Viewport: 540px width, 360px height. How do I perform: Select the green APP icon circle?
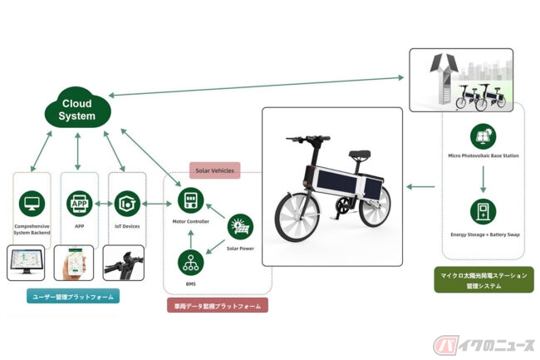tap(79, 204)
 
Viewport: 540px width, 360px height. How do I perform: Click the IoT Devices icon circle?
tap(126, 204)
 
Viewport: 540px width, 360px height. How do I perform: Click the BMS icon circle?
tap(189, 263)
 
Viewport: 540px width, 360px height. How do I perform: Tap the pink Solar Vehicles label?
tap(214, 170)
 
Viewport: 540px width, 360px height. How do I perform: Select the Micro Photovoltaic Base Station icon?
tap(483, 136)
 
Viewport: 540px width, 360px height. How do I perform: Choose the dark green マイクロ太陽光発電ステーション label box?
tap(484, 279)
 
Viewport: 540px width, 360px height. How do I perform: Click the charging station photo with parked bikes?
tap(459, 81)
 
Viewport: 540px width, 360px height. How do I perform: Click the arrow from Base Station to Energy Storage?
tap(483, 174)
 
